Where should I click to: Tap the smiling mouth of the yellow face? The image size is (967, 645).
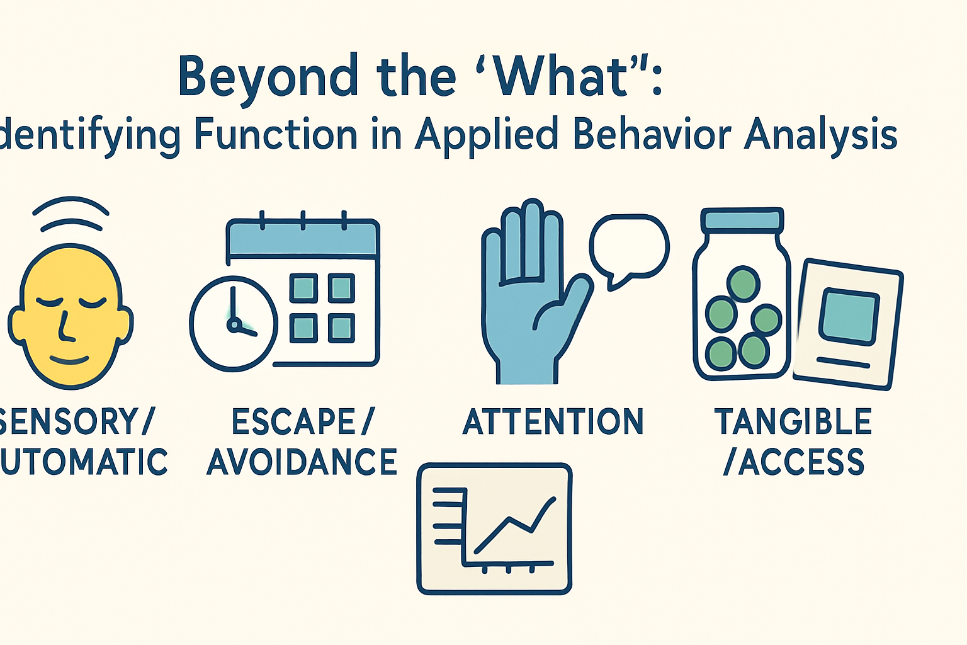pyautogui.click(x=69, y=360)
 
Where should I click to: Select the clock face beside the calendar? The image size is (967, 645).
pyautogui.click(x=234, y=323)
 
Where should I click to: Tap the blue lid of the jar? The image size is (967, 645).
pyautogui.click(x=742, y=220)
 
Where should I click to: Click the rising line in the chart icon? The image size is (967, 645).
pyautogui.click(x=513, y=525)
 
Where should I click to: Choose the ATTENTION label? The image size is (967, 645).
pyautogui.click(x=553, y=422)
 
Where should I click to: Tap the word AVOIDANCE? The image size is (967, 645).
pyautogui.click(x=302, y=462)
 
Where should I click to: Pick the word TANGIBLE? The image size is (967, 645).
pyautogui.click(x=793, y=422)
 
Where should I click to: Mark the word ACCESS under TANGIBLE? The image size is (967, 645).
pyautogui.click(x=801, y=462)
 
